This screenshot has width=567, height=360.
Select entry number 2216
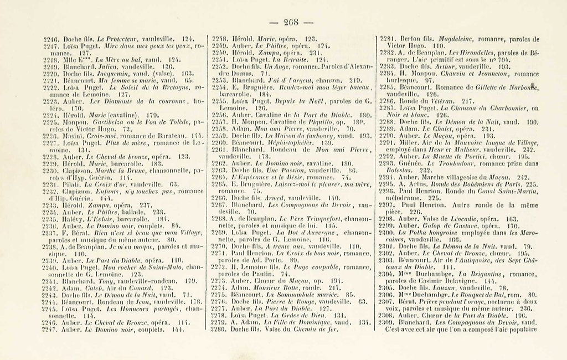point(51,39)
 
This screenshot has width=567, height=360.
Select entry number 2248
point(221,39)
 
